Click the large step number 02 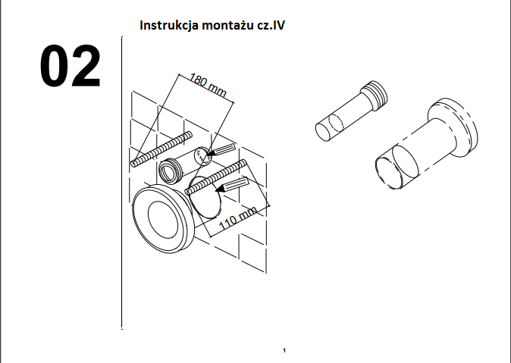coord(70,66)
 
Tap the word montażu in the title coord(225,25)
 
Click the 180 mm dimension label coord(208,86)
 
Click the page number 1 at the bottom coord(284,351)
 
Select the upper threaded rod coord(161,149)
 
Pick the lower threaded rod coord(215,177)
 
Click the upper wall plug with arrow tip coord(221,149)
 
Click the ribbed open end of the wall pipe coord(169,171)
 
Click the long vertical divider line coord(122,183)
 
